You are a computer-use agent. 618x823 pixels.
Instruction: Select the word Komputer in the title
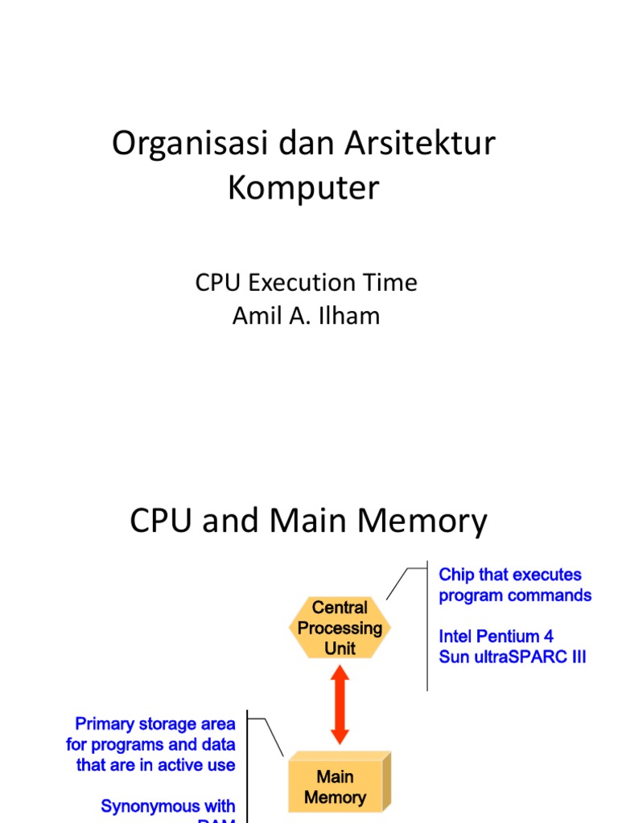pos(303,189)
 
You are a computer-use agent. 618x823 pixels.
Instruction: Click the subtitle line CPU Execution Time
pos(306,283)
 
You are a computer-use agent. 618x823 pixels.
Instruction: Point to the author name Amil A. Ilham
pos(306,316)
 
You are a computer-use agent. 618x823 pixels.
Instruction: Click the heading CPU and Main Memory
pos(308,522)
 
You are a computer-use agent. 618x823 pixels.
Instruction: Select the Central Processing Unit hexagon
pos(340,628)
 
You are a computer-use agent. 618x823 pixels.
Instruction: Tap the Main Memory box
pos(336,787)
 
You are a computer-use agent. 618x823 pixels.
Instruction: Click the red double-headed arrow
pos(340,705)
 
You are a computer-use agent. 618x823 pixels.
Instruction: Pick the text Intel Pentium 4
pos(496,637)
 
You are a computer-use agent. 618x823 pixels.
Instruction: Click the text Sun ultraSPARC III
pos(513,657)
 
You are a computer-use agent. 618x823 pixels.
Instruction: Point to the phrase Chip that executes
pos(510,575)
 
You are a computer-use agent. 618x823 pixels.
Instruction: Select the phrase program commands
pos(515,596)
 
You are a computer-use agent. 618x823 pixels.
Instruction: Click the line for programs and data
pos(150,744)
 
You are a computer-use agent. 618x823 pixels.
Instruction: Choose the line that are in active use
pos(155,765)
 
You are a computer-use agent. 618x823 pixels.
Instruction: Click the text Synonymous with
pos(168,805)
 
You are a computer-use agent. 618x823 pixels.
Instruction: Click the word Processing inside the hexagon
pos(340,628)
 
